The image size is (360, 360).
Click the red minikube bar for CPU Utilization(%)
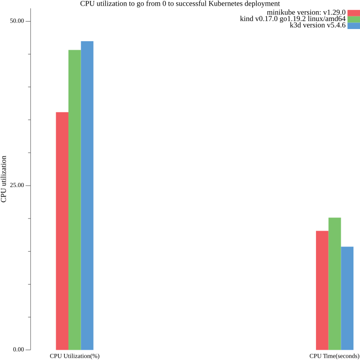pos(62,231)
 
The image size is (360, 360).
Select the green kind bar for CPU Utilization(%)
pos(75,200)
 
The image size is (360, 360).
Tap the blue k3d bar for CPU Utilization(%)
pos(87,195)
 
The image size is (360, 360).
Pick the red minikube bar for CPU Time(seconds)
pos(322,290)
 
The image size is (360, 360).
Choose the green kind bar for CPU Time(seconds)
pos(335,284)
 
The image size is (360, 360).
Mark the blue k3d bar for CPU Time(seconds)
pos(347,298)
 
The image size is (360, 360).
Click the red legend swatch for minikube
pos(353,13)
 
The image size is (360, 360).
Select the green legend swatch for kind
pos(353,19)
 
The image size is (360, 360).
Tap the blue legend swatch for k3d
pos(353,26)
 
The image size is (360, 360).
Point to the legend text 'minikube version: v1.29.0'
pos(306,13)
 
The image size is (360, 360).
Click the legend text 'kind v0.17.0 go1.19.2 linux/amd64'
pos(292,19)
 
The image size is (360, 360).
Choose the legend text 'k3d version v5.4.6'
pos(317,26)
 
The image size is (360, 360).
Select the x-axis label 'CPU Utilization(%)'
pos(75,356)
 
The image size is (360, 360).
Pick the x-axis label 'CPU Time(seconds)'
pos(334,356)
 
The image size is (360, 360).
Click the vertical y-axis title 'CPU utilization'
pos(4,179)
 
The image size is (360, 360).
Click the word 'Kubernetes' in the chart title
pos(228,4)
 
